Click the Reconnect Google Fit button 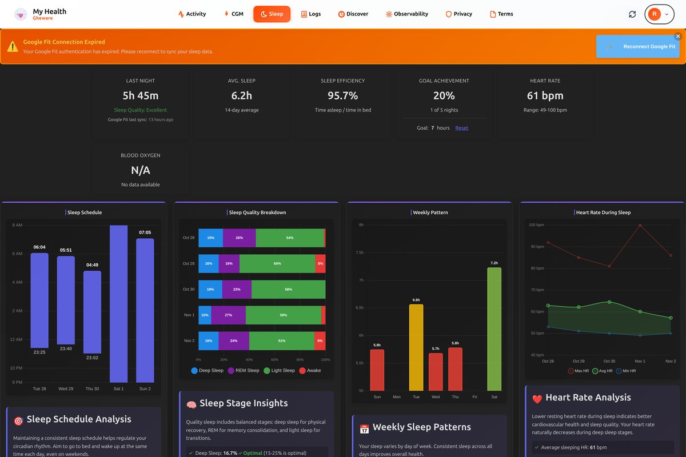click(x=637, y=46)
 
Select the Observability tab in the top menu click(x=406, y=14)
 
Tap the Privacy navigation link click(x=458, y=14)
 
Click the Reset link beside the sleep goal click(x=461, y=128)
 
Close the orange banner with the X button click(x=678, y=37)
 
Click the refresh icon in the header click(x=632, y=14)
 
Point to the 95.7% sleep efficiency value click(x=342, y=95)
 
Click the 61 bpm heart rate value click(x=545, y=95)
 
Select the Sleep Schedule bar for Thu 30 click(x=92, y=312)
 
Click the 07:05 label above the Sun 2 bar click(x=145, y=232)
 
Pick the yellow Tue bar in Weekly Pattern click(x=416, y=347)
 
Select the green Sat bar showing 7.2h click(x=494, y=328)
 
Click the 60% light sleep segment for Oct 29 click(x=277, y=263)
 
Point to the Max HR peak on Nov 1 click(x=640, y=225)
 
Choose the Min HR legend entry click(x=627, y=371)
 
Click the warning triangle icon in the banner click(x=13, y=46)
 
